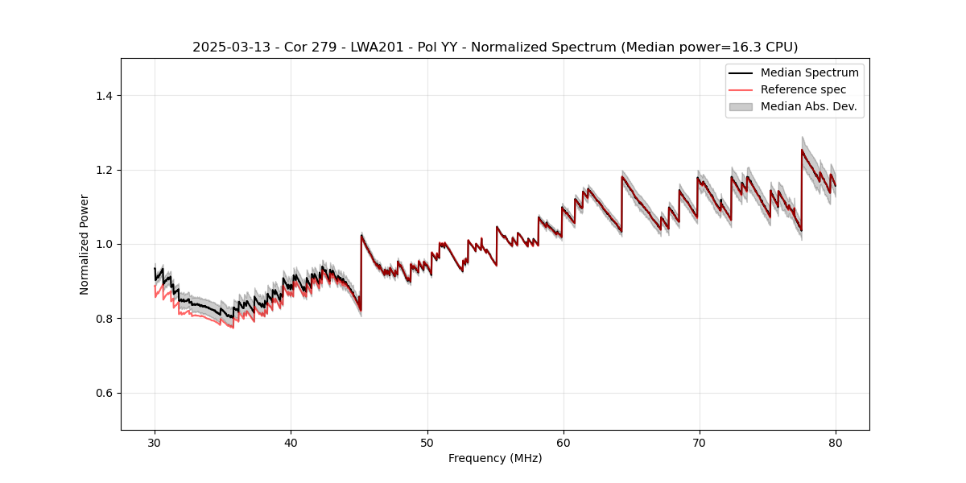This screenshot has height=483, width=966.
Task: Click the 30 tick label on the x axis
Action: [x=155, y=442]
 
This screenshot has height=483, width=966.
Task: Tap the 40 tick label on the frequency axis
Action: [x=291, y=442]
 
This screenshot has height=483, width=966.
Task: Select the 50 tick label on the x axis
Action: [x=427, y=442]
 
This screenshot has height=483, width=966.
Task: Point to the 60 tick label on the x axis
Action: [x=563, y=442]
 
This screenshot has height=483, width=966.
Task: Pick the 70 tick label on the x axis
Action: [x=699, y=442]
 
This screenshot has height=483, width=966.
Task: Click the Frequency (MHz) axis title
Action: [x=495, y=458]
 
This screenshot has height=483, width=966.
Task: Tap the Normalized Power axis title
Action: [x=85, y=244]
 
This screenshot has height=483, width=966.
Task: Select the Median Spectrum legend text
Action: [x=809, y=72]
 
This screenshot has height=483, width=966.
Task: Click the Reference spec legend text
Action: [x=803, y=89]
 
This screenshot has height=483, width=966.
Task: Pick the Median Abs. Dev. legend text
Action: [x=808, y=106]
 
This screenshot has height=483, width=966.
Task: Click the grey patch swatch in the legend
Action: [x=741, y=106]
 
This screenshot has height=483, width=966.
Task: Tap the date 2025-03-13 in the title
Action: [x=226, y=47]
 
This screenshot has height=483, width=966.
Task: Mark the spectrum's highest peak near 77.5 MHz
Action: [x=802, y=150]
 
